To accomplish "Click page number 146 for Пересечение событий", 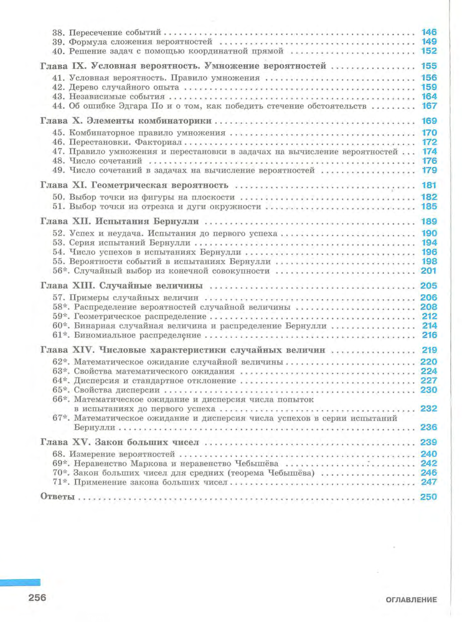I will (430, 32).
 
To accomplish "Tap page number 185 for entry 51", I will (430, 207).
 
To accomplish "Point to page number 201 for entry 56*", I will (430, 271).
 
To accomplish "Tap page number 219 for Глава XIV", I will (430, 350).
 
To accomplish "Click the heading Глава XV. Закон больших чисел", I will (118, 442).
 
